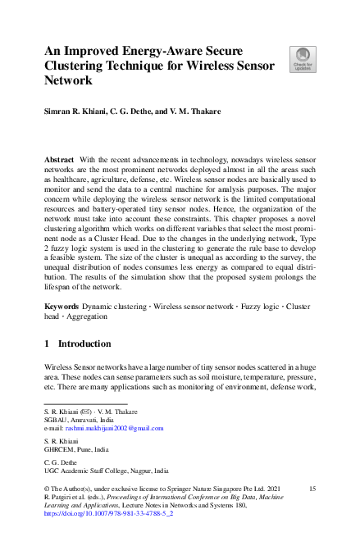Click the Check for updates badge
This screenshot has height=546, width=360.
coord(302,60)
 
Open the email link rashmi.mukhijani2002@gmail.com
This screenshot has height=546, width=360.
coord(112,428)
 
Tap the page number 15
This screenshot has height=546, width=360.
coord(312,489)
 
